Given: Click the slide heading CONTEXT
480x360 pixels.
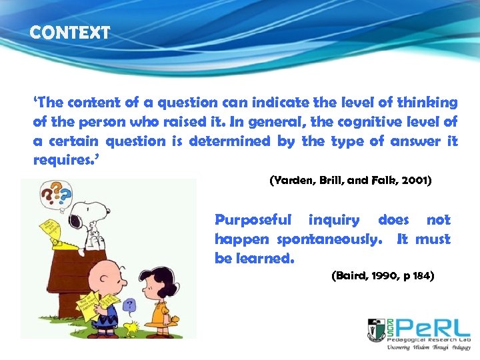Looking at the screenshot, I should pyautogui.click(x=70, y=32).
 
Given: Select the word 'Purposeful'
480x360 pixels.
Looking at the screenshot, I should pyautogui.click(x=253, y=220).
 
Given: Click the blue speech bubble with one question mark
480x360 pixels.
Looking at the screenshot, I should pyautogui.click(x=129, y=305).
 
